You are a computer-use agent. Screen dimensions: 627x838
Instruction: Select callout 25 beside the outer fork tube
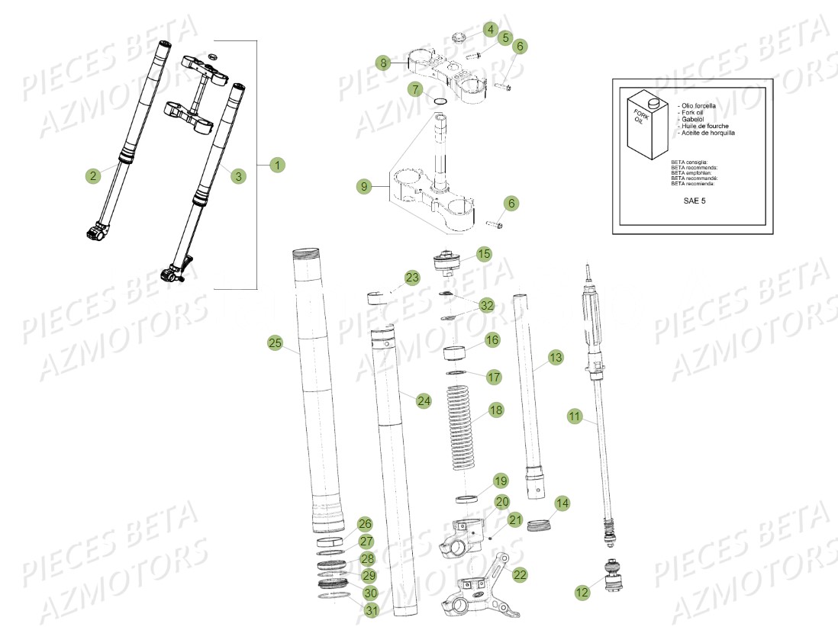coord(276,343)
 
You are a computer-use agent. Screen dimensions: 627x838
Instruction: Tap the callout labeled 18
coord(496,410)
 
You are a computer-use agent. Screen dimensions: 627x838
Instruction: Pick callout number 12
coord(582,590)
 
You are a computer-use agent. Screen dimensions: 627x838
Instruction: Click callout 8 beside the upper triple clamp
coord(384,62)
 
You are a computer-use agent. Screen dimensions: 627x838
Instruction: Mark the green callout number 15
coord(485,253)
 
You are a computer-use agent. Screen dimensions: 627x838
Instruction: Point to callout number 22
coord(520,574)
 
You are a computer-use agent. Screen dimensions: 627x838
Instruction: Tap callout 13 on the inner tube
coord(555,357)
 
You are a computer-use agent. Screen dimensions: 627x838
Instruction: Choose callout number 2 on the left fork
coord(93,176)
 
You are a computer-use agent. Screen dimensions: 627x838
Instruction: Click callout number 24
coord(424,399)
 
